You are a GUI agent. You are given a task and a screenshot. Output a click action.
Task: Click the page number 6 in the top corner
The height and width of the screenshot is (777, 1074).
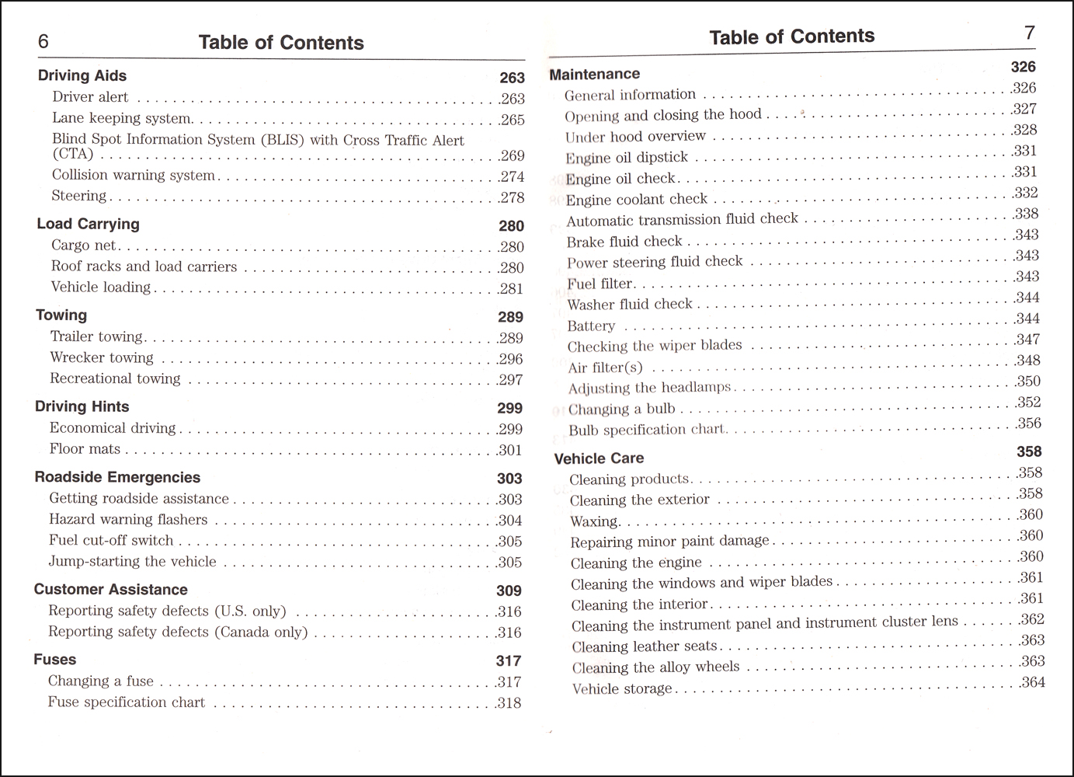tap(43, 41)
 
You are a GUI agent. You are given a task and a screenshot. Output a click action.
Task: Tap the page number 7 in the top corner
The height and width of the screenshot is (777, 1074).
tap(1030, 33)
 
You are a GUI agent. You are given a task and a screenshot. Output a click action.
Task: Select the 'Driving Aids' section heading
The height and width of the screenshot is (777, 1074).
tap(82, 75)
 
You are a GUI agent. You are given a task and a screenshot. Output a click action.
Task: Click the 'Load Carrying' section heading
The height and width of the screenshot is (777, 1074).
tap(88, 224)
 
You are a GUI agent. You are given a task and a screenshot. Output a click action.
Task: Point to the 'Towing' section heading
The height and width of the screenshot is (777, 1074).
tap(61, 315)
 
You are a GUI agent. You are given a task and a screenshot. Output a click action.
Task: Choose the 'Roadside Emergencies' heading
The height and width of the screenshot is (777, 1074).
tap(117, 477)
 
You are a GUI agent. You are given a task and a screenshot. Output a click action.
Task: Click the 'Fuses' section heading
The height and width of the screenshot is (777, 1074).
tap(55, 660)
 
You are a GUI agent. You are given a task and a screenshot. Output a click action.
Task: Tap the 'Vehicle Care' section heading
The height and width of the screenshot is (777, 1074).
tap(599, 458)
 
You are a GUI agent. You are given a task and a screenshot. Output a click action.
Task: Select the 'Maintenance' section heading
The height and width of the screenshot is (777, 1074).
tap(595, 75)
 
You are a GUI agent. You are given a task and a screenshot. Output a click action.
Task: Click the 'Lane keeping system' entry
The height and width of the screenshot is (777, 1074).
tap(122, 118)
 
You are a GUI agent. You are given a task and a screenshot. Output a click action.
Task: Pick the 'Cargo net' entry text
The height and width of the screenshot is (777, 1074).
tap(84, 246)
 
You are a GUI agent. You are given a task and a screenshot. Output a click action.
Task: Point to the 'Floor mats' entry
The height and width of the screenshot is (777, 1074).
tap(85, 449)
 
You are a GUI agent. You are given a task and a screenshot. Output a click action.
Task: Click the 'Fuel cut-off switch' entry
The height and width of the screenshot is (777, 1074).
tap(111, 540)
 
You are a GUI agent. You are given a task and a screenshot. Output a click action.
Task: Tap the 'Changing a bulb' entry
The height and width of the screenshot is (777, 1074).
tap(621, 409)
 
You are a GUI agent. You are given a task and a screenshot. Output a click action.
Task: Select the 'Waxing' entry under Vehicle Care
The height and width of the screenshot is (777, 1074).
tap(594, 521)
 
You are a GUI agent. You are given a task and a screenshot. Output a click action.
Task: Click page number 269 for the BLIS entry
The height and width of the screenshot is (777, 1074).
tap(513, 155)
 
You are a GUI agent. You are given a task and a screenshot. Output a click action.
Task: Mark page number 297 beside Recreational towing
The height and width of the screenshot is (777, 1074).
tap(511, 380)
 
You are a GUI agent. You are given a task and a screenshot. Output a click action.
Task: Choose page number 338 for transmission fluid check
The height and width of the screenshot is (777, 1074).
tap(1027, 214)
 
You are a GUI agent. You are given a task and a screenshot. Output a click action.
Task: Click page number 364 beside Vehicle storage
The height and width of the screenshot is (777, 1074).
tap(1033, 682)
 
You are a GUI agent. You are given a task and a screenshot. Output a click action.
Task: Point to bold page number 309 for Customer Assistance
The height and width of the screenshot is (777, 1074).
tap(509, 591)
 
